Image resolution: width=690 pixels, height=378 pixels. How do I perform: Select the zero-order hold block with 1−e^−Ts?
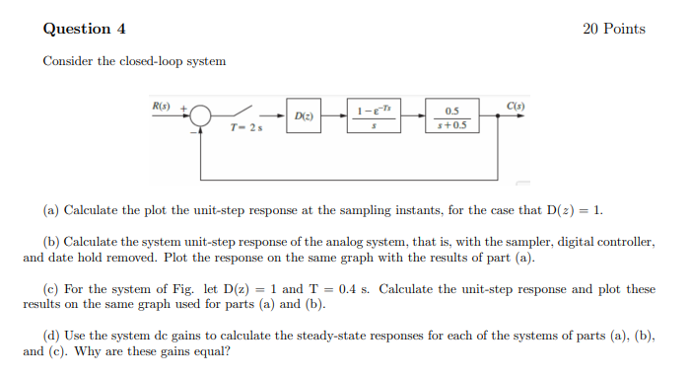(x=373, y=116)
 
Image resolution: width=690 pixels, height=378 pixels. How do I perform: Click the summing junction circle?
(x=201, y=116)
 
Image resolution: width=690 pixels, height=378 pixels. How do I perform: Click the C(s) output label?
(x=516, y=105)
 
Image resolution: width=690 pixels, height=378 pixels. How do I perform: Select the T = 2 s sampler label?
(x=244, y=129)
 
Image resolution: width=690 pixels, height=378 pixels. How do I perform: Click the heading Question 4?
(x=84, y=29)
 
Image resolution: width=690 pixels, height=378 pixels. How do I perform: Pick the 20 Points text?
(x=614, y=29)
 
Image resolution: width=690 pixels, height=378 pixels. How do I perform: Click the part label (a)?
(x=51, y=210)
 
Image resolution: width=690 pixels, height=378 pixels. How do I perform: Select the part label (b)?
(x=51, y=242)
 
